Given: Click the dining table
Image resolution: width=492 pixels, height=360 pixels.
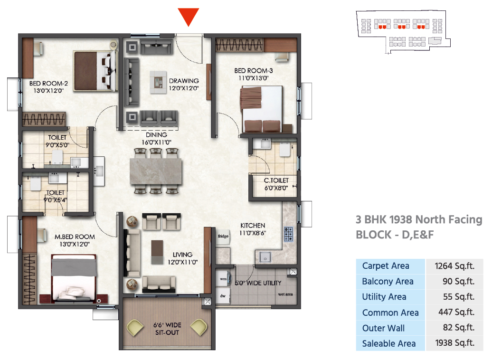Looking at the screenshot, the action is (156, 171).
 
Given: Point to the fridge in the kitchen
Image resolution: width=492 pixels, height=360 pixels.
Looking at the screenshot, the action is (223, 237).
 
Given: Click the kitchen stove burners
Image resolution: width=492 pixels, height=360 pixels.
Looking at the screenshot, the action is (288, 234).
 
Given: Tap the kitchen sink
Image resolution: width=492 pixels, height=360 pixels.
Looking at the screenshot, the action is (265, 257).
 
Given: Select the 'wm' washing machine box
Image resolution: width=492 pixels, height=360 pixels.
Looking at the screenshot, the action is (223, 279).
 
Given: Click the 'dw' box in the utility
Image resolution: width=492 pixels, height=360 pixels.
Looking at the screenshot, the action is (223, 296).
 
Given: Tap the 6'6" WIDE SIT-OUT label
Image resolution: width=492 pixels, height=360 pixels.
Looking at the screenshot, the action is (167, 329).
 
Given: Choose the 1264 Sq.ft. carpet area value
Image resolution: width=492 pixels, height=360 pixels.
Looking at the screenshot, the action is (454, 266).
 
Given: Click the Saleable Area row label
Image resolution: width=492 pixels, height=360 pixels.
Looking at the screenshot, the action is (389, 344).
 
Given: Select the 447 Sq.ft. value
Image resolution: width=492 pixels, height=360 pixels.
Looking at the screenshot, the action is (456, 312).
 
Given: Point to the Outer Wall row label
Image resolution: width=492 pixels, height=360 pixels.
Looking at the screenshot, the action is (383, 328).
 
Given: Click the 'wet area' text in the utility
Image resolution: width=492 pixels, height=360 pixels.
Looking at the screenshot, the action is (285, 294).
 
